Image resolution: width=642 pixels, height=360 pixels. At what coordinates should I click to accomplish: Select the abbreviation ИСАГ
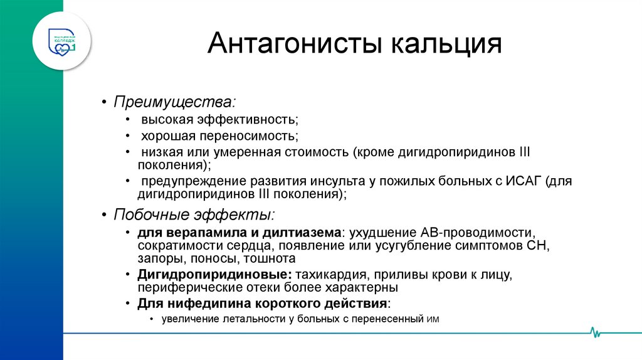click(x=522, y=182)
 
